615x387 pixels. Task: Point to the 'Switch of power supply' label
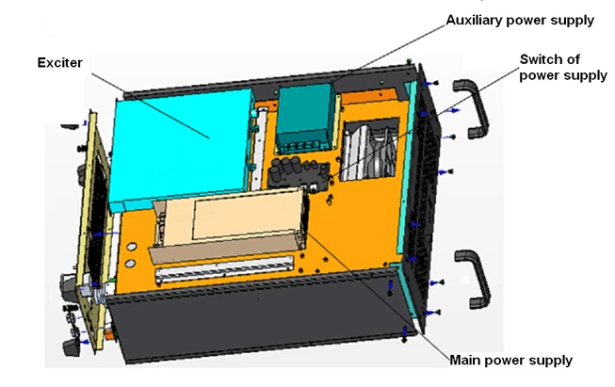point(563,67)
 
